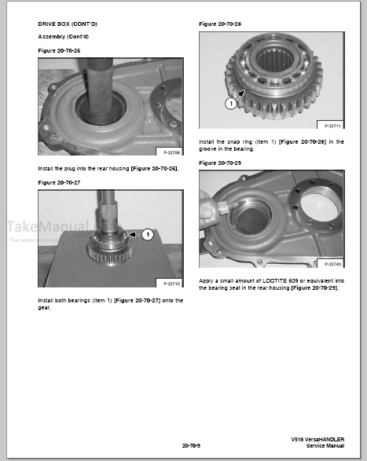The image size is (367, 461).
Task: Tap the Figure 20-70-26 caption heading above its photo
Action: coord(60,50)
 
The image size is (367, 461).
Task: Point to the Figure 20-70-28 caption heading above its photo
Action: coord(221,24)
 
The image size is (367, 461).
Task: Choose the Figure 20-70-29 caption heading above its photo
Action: coord(221,162)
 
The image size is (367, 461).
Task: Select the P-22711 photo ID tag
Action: coord(330,126)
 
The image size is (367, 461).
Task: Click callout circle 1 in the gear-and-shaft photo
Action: coord(147,234)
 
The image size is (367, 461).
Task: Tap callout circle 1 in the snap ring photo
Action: coord(209,103)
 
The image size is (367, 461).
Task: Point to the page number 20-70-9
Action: coord(191,445)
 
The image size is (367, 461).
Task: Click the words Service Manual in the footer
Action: coord(325,445)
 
